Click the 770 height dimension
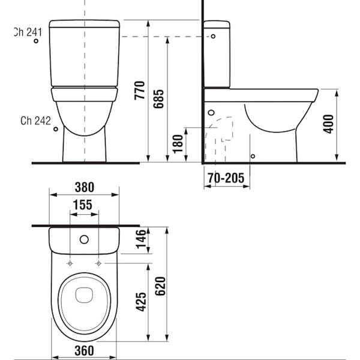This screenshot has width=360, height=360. [x=140, y=90]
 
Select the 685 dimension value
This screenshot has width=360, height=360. [x=158, y=99]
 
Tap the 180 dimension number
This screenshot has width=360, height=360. [x=178, y=144]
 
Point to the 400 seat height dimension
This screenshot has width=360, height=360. [x=328, y=124]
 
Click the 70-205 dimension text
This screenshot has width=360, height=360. [x=226, y=178]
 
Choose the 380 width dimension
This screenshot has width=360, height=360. [x=85, y=187]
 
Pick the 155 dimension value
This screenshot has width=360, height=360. [x=83, y=205]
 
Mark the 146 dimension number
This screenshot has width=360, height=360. [x=141, y=239]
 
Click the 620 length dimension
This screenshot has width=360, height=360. [x=160, y=286]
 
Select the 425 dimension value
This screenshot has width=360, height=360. [x=141, y=302]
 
